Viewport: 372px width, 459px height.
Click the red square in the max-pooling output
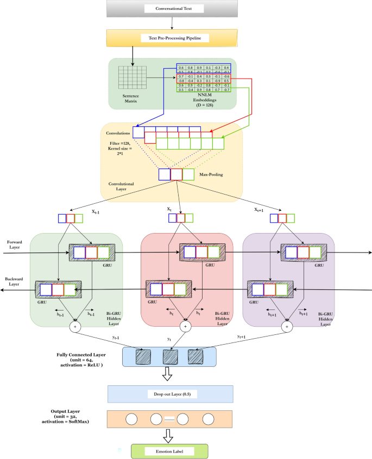click(176, 174)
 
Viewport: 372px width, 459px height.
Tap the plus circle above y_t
click(186, 327)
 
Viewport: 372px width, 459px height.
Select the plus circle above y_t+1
click(286, 327)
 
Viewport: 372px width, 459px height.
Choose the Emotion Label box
click(169, 450)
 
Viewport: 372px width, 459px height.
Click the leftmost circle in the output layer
click(131, 419)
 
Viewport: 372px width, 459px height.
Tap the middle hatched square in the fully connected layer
click(170, 357)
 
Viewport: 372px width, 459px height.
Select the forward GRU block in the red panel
click(201, 253)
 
